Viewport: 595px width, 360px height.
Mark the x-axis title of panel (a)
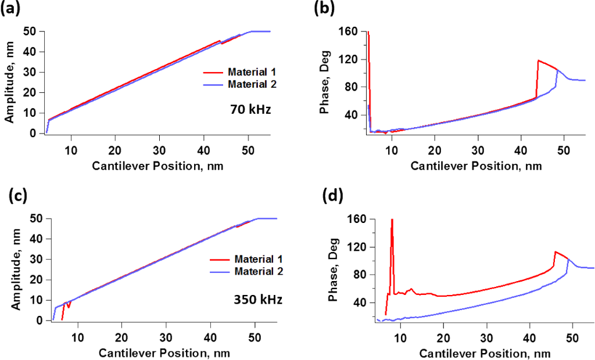point(157,165)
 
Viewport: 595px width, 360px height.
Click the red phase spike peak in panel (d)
point(392,219)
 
